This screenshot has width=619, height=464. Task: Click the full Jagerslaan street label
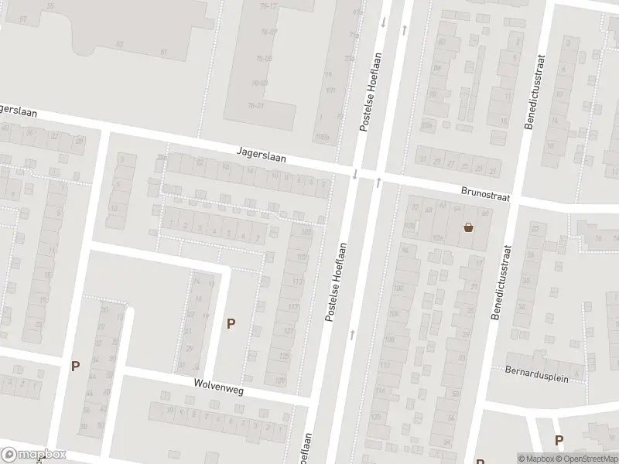click(x=262, y=155)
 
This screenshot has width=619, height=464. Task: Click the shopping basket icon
click(x=468, y=227)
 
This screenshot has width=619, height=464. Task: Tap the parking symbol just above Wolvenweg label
click(x=230, y=324)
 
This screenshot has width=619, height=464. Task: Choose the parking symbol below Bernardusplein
click(x=559, y=440)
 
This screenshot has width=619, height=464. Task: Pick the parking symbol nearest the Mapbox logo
click(x=75, y=366)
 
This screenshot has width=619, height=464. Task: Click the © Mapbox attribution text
click(x=533, y=458)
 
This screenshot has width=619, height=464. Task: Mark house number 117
click(x=293, y=308)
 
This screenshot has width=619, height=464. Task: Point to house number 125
click(x=283, y=357)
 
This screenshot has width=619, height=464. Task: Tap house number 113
click(x=298, y=282)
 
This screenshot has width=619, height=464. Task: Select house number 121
click(x=289, y=332)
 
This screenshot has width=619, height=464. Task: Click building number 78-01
click(x=256, y=105)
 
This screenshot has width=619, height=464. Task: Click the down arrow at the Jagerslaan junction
click(x=355, y=174)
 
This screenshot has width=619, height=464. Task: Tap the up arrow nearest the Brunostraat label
click(x=379, y=183)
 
